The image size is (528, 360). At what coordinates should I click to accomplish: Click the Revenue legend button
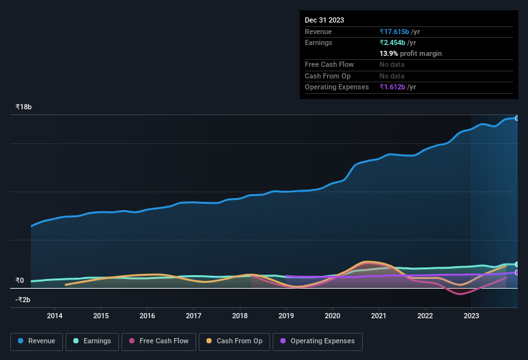pos(37,341)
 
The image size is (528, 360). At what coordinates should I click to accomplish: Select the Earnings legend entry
pos(92,341)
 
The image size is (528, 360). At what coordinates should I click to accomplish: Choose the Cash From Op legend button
pos(233,341)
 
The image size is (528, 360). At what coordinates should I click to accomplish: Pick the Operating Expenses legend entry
pos(318,341)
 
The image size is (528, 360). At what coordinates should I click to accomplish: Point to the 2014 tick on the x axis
pos(55,316)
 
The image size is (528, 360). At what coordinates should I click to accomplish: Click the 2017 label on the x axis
pos(194,316)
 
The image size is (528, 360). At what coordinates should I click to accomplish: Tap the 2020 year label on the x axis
pos(332,316)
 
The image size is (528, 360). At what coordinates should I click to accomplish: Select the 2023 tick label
pos(471,316)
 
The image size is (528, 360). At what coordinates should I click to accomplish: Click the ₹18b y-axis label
pos(24,107)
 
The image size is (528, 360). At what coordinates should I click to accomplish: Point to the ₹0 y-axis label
pos(20,280)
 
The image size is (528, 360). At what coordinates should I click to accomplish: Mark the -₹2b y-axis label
pos(23,300)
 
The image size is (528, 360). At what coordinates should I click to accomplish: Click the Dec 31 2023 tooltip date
pos(324,20)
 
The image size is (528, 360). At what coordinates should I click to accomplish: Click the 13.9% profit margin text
pos(410,53)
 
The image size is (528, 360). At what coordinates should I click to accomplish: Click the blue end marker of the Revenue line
pos(516,118)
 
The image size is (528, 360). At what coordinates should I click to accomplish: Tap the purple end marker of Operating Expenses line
pos(516,273)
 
